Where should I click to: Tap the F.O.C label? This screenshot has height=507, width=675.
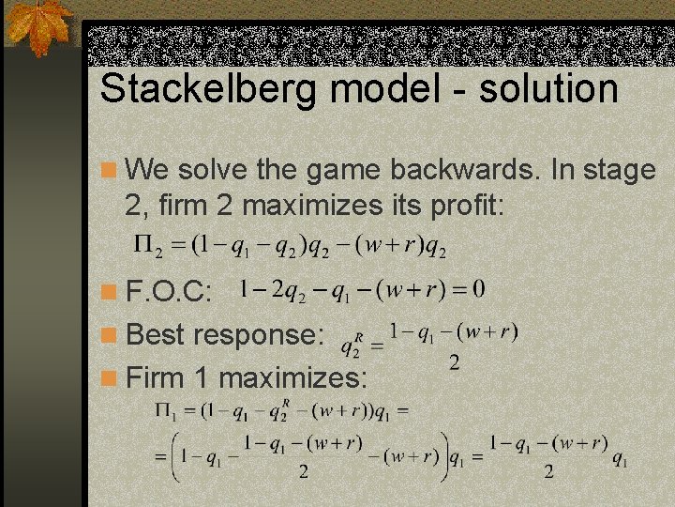(x=170, y=292)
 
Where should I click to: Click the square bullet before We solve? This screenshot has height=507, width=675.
(x=110, y=171)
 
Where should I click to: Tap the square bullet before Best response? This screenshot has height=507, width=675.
(x=110, y=335)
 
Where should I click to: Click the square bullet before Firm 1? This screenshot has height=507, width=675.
(x=110, y=378)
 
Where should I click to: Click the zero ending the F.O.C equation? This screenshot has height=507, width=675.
(x=478, y=287)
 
